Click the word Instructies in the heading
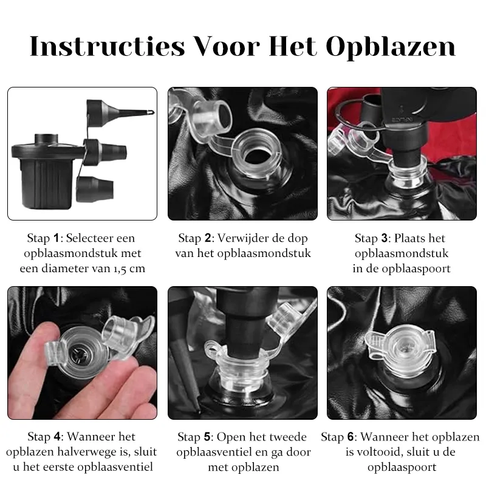pos(108,46)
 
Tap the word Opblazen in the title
pos(391,47)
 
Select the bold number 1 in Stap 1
pos(56,238)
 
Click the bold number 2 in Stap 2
pos(208,238)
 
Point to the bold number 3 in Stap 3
pos(385,238)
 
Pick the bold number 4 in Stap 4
pos(57,436)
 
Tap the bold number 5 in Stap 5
pos(207,437)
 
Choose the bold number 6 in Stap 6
pos(351,437)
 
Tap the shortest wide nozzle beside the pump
pos(95,189)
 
